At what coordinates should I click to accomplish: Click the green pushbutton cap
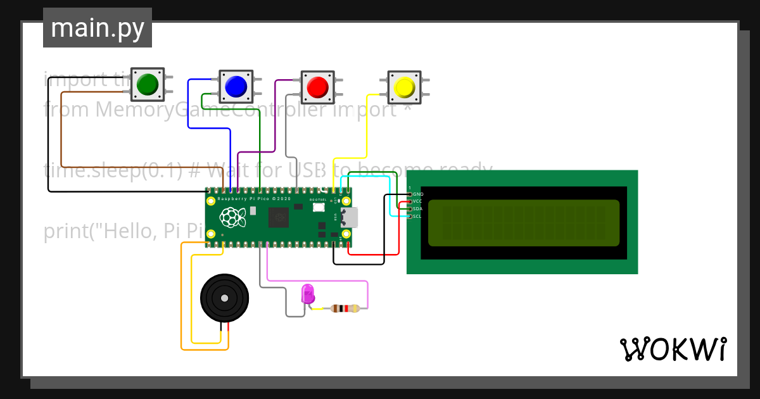(147, 84)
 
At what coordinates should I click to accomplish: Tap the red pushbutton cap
(317, 85)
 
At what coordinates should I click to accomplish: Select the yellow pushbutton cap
(403, 87)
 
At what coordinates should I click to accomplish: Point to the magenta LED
(308, 293)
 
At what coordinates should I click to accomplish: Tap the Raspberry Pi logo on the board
(232, 217)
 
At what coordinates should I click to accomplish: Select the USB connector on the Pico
(349, 217)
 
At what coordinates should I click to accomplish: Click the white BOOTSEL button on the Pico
(318, 207)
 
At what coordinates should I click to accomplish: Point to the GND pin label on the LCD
(418, 194)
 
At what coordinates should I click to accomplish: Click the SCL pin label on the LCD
(417, 216)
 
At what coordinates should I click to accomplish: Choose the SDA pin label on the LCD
(417, 208)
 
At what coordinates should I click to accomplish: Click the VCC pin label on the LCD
(417, 201)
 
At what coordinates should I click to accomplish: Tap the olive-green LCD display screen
(523, 223)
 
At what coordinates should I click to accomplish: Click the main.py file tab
(98, 28)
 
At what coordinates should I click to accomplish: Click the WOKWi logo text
(673, 349)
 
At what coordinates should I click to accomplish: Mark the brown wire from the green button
(61, 139)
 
